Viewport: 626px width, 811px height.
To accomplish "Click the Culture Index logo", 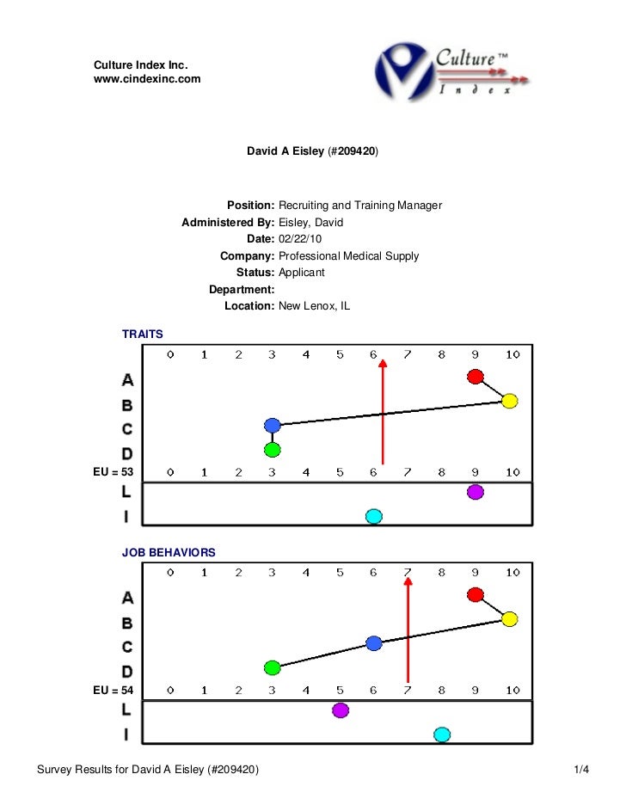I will coord(451,71).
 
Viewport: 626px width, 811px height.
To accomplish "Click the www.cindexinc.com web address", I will coord(147,79).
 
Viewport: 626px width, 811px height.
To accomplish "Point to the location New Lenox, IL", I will coord(315,306).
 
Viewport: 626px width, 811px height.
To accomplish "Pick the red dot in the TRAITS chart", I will coord(476,376).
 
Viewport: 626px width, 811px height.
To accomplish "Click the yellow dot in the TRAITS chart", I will coord(509,400).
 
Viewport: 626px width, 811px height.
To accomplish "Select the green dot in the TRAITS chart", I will coord(273,449).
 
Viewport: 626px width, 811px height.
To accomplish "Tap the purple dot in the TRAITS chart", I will coord(476,492).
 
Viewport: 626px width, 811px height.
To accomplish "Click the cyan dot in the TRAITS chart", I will coord(373,516).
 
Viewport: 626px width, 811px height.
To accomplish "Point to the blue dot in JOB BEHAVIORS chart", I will coord(373,642).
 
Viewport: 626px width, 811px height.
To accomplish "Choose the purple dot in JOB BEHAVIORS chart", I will coord(341,710).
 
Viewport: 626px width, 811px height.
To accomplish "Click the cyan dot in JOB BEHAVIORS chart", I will coord(442,734).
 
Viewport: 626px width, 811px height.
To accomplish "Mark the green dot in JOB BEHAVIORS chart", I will coord(273,667).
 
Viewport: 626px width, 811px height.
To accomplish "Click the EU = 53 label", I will coord(114,471).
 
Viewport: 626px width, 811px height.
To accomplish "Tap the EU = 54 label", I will coord(114,690).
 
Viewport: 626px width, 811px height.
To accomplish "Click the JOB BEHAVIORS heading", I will coord(169,550).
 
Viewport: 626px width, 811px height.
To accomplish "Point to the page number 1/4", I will coord(581,768).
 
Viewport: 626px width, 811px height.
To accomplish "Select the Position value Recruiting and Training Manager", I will coord(360,206).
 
